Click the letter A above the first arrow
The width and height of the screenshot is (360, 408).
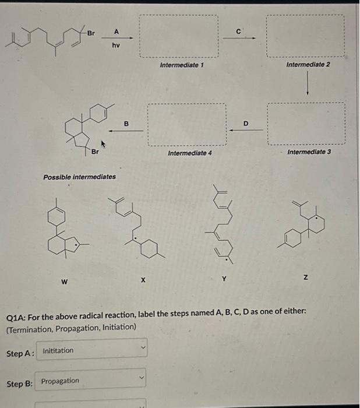coord(116,30)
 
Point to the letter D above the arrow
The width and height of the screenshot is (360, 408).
coord(245,124)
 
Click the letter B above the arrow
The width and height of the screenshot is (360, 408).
coord(125,123)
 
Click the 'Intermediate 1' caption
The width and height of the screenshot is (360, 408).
coord(181,65)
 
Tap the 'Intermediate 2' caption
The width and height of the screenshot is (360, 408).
coord(308,64)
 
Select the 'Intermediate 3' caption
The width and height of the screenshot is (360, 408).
coord(309,152)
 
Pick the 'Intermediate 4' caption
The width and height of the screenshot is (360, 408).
coord(189,153)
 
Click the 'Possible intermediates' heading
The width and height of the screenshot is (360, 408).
coord(79,176)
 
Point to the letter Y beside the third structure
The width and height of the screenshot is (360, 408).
coord(223,277)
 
